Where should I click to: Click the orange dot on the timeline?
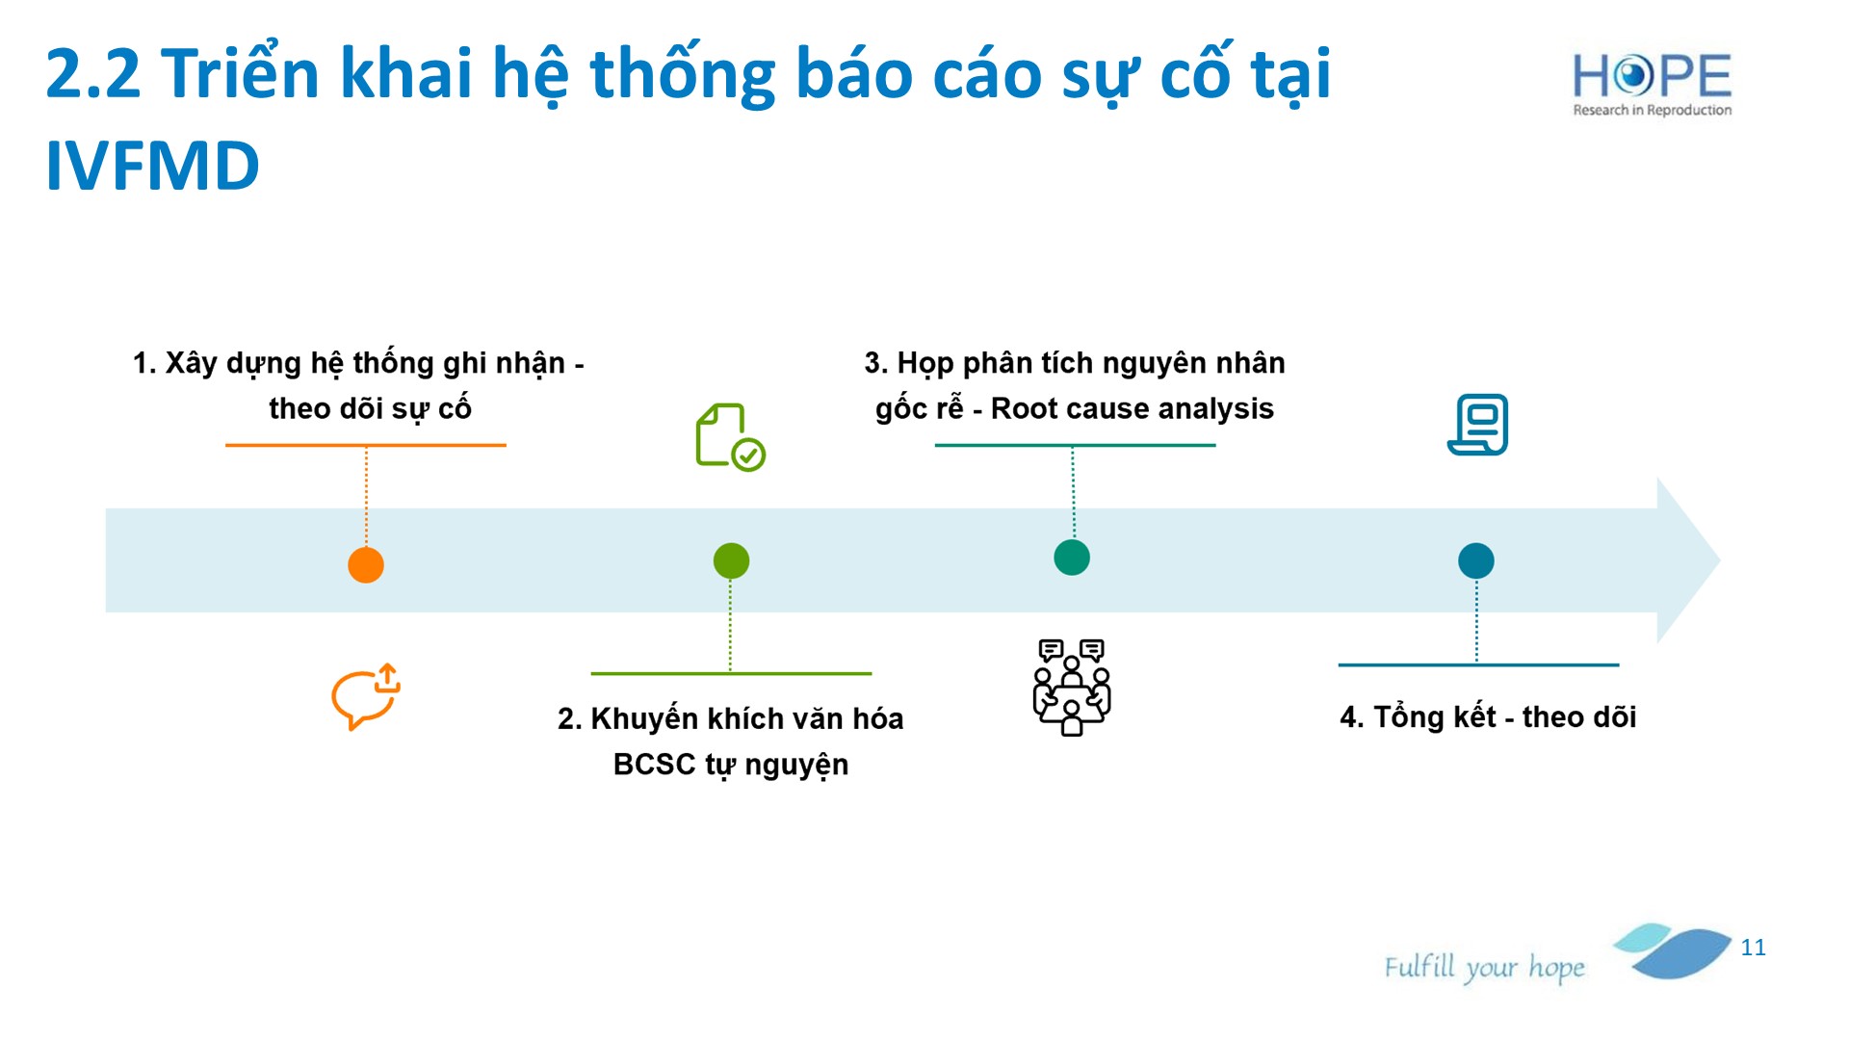tap(366, 564)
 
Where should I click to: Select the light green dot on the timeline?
tap(731, 560)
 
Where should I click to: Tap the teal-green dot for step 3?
tap(1072, 557)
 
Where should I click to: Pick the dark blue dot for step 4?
tap(1476, 560)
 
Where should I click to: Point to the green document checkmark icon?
tap(730, 437)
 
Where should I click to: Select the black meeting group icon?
tap(1072, 687)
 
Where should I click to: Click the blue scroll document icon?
tap(1478, 424)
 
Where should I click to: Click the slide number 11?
tap(1754, 948)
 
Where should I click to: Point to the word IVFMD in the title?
tap(153, 166)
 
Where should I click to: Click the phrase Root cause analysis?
tap(1133, 408)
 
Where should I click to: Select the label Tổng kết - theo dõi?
tap(1488, 716)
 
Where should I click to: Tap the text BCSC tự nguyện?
tap(731, 764)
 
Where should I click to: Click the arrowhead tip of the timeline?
tap(1720, 560)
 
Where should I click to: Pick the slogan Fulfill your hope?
tap(1484, 968)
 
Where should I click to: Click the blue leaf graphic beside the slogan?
tap(1674, 950)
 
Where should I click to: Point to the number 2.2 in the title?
tap(93, 73)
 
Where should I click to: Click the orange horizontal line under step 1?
tap(366, 445)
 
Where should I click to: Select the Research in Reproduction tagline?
tap(1653, 110)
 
